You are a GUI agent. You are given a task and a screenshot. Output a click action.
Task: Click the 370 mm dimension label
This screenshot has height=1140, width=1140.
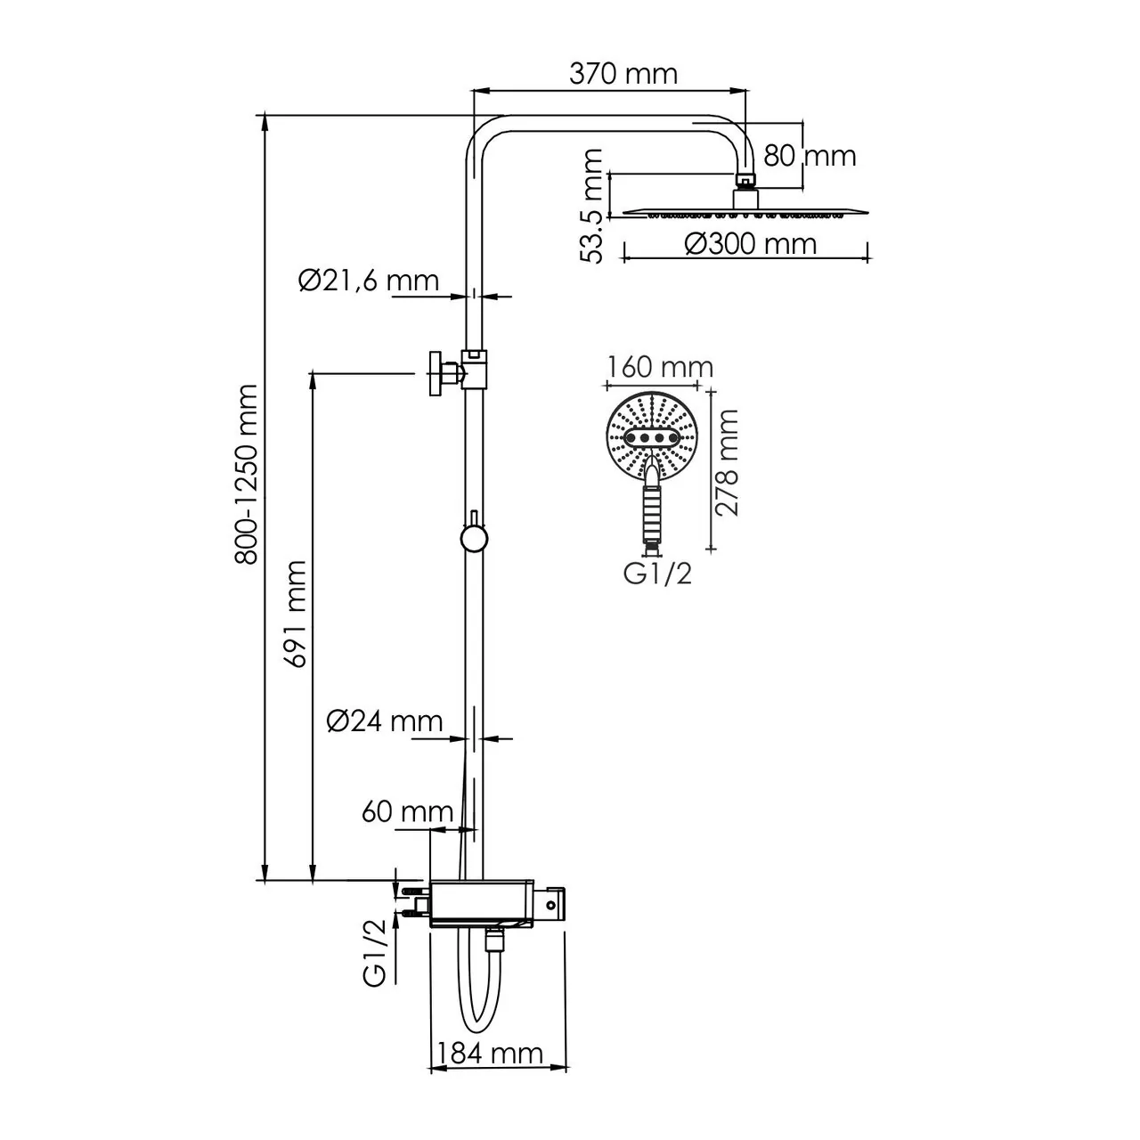click(x=623, y=73)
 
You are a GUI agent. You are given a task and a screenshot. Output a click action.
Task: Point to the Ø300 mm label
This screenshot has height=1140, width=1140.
click(x=752, y=243)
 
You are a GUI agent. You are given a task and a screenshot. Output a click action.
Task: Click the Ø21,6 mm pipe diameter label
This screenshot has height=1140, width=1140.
click(x=369, y=281)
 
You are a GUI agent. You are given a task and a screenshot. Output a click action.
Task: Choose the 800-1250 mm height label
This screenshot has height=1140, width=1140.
click(x=247, y=474)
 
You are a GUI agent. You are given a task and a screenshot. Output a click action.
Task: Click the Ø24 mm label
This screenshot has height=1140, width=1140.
click(x=384, y=721)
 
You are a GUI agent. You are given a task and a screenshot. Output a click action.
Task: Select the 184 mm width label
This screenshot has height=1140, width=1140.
click(x=487, y=1054)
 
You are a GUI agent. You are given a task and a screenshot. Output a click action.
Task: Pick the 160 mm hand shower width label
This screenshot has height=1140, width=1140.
click(x=660, y=366)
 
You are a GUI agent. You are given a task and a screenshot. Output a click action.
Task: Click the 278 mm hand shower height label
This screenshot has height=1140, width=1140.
click(x=729, y=463)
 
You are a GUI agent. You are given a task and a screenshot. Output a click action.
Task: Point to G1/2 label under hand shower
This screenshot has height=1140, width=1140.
click(x=657, y=574)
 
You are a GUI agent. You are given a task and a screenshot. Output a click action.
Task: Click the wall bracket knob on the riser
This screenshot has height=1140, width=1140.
click(x=437, y=373)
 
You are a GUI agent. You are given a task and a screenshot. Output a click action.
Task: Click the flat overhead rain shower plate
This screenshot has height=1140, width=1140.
click(x=745, y=211)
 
